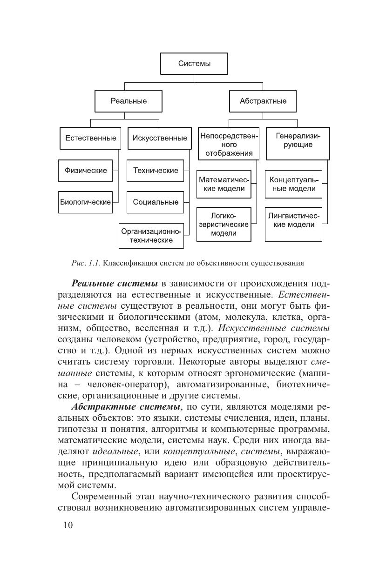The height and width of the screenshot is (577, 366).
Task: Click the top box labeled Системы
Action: point(194,64)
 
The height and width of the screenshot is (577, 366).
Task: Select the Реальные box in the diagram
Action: point(129,101)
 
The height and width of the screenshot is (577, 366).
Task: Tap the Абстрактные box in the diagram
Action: point(263,101)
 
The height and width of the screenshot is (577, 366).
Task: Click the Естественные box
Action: point(90,138)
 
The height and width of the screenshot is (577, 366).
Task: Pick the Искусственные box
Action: point(159,138)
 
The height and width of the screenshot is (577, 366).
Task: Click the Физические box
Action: point(85,171)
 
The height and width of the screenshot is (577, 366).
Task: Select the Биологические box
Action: point(85,202)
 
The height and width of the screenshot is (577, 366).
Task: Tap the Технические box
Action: point(156,171)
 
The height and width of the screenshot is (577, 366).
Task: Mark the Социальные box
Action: point(156,202)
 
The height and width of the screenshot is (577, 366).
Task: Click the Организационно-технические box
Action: point(151,236)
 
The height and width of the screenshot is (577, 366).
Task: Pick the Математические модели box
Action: point(224,184)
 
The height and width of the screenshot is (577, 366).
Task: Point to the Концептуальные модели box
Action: point(293,184)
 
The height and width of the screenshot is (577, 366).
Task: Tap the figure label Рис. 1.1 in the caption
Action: point(86,263)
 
